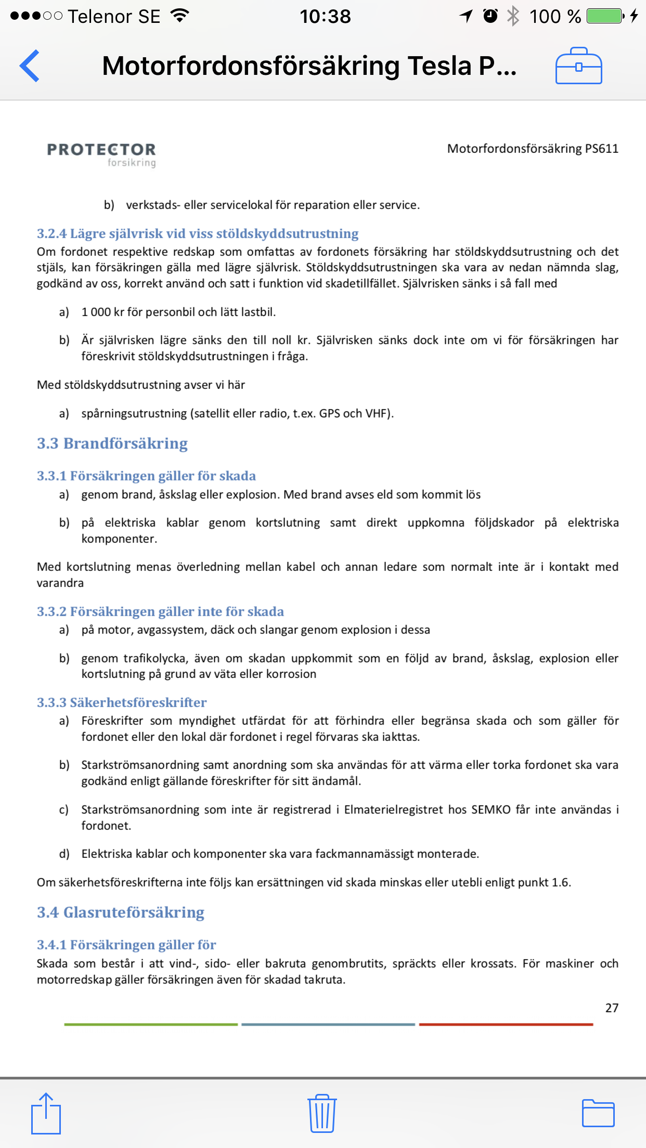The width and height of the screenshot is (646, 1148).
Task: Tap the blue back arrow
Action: click(x=30, y=66)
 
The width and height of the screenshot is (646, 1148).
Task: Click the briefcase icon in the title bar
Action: click(x=578, y=66)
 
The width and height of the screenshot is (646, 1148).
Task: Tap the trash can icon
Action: click(x=322, y=1113)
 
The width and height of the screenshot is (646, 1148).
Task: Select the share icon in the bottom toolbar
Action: click(x=46, y=1113)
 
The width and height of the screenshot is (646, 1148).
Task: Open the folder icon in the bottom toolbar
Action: click(x=598, y=1113)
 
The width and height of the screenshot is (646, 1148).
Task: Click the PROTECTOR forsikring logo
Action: click(x=102, y=154)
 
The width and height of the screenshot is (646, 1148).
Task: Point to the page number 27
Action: click(x=612, y=1008)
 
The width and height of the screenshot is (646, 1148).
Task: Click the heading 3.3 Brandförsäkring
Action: click(x=112, y=443)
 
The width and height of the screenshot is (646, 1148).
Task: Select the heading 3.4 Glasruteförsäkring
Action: click(x=121, y=912)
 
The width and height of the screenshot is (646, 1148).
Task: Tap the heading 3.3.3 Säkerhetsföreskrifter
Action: click(x=122, y=702)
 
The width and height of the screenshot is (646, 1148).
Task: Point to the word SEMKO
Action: click(x=491, y=810)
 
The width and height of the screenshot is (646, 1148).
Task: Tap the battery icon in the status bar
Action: click(x=605, y=16)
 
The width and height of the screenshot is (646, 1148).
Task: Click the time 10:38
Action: click(x=325, y=17)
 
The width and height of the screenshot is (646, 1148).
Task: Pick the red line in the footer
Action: click(x=506, y=1024)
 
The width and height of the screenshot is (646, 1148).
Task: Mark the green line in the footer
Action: click(x=151, y=1024)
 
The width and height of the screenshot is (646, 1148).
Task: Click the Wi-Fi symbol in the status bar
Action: click(x=180, y=16)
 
